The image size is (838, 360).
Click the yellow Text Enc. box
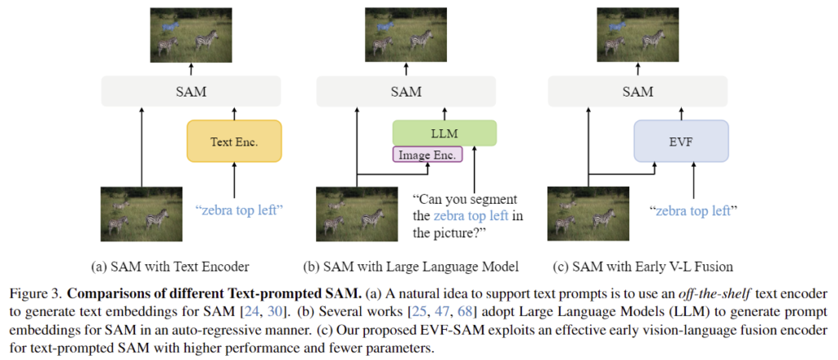point(234,141)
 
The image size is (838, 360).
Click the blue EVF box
point(681,140)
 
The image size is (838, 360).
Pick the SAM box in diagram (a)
point(191,90)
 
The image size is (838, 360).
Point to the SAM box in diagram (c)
point(638,90)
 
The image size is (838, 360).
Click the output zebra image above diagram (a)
point(191,33)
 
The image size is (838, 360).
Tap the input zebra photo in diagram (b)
point(354,214)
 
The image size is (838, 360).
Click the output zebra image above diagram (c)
point(638,33)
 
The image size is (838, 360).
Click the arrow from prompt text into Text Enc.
point(234,180)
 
